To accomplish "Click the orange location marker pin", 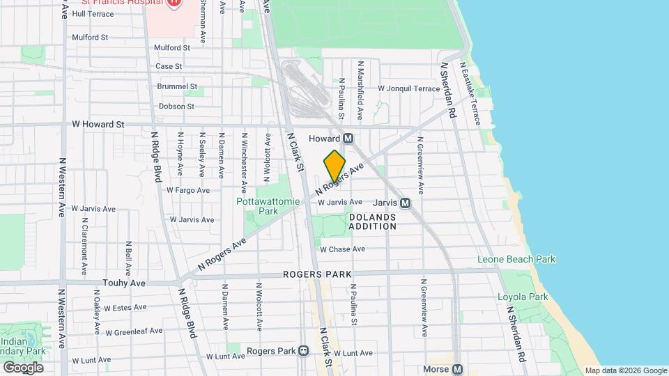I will click(334, 166).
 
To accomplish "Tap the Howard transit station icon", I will click(348, 139).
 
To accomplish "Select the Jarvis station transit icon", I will click(405, 203).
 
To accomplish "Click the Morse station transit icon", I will click(457, 369).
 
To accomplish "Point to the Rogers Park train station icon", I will click(303, 351).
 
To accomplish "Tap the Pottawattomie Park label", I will click(268, 205).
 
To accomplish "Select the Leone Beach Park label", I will click(516, 260).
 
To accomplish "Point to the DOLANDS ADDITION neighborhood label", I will click(372, 221).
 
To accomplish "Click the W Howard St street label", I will click(98, 124).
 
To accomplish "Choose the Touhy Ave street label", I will click(127, 283).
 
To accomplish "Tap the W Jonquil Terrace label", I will click(408, 88).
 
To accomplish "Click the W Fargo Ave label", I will click(187, 190).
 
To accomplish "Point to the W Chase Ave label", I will click(342, 249).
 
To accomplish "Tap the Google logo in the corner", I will click(23, 367).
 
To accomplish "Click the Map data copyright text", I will click(625, 370).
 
